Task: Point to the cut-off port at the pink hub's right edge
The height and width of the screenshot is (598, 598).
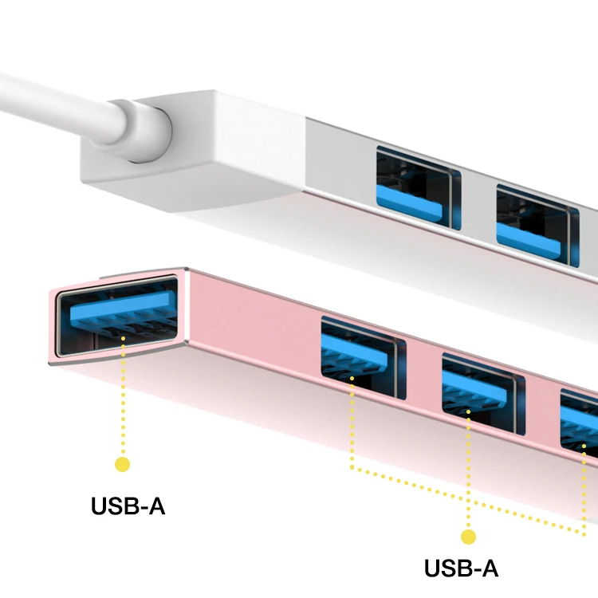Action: coord(580,423)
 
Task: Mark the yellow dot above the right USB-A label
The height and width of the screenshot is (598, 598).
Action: coord(468,537)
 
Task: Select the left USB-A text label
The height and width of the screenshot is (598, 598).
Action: coord(128,506)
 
